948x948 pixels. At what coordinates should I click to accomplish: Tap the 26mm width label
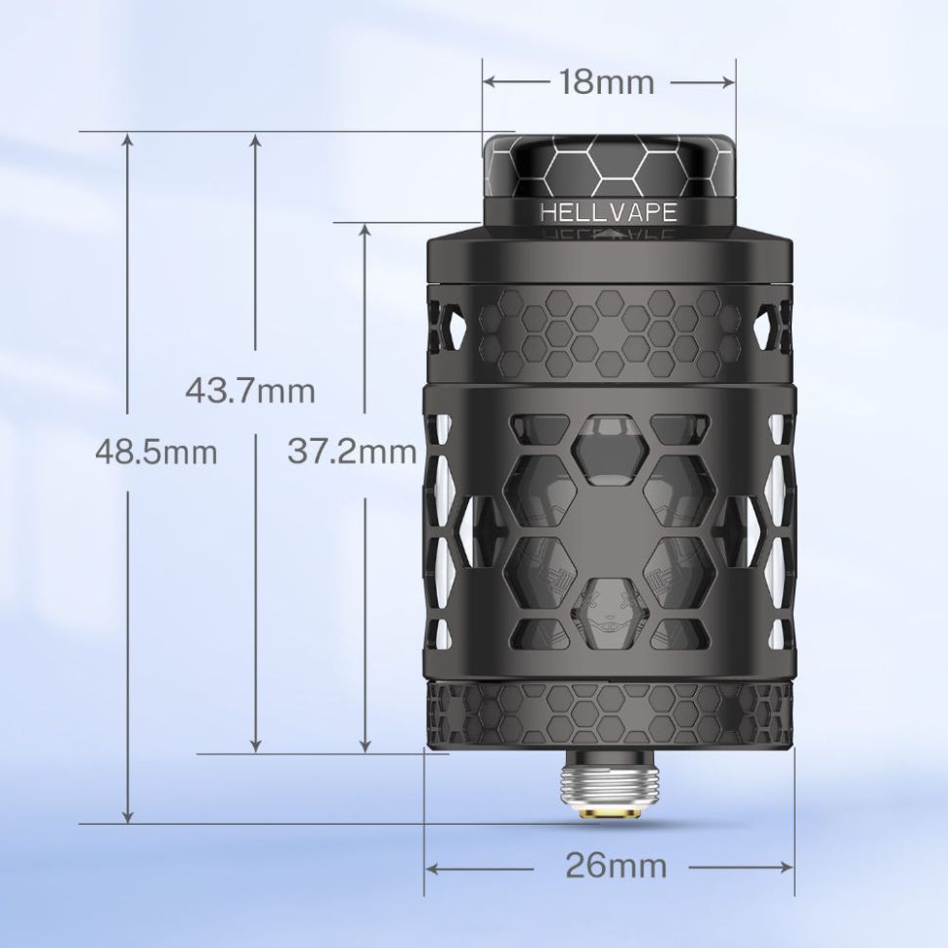(x=616, y=866)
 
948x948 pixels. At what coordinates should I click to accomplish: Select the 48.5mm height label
(x=156, y=453)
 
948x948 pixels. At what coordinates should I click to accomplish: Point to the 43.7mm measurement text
(x=251, y=392)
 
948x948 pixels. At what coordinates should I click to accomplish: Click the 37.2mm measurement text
(x=352, y=452)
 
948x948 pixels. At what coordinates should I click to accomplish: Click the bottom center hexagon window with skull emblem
(x=609, y=601)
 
